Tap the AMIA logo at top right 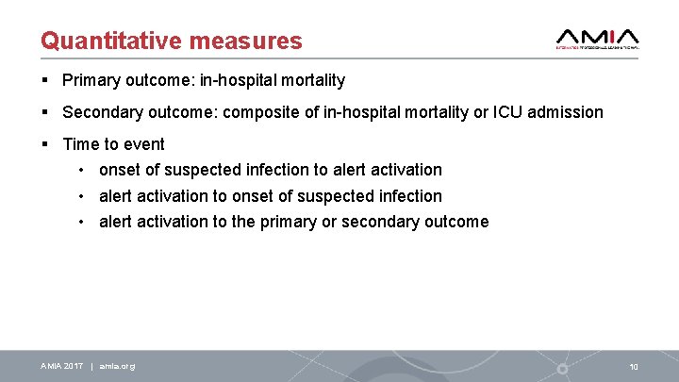[598, 37]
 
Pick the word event [143, 144]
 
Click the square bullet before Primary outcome [45, 81]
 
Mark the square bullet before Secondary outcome [45, 112]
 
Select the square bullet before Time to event [45, 144]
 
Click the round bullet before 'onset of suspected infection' [83, 171]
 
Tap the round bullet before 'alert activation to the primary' [83, 223]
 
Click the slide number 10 [634, 366]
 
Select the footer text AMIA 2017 [61, 366]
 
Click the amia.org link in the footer [117, 366]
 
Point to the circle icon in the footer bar [563, 368]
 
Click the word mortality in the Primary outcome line [311, 81]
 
